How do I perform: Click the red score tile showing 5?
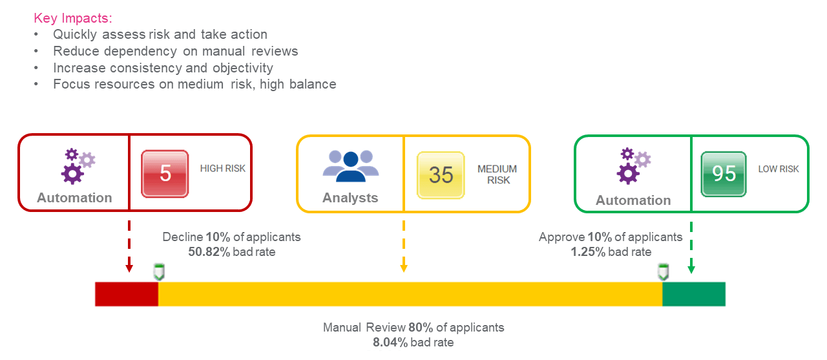point(165,174)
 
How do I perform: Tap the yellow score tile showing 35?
point(441,175)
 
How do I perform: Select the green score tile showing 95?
point(724,174)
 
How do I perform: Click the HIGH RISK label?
point(223,169)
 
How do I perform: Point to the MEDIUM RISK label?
point(497,175)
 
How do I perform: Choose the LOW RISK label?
point(779,169)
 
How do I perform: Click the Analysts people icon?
point(350,165)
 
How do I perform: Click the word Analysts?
point(350,198)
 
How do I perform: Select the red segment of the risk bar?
point(127,294)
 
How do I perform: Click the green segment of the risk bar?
point(694,294)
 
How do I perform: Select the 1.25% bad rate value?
point(588,252)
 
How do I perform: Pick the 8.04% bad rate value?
point(390,343)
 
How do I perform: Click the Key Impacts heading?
point(72,17)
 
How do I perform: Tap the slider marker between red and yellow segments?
point(158,271)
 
